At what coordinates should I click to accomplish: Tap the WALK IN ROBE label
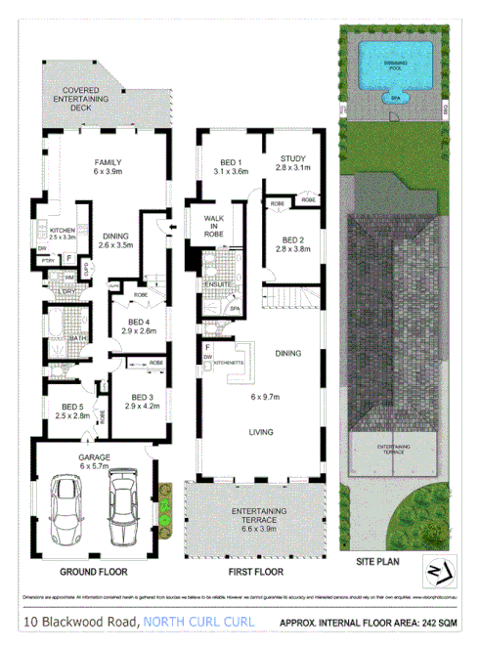[214, 227]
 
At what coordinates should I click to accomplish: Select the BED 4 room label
[142, 327]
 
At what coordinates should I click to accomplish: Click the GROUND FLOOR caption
[89, 571]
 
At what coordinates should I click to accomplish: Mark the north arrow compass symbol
[436, 571]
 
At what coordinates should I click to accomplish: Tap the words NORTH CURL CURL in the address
[199, 622]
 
